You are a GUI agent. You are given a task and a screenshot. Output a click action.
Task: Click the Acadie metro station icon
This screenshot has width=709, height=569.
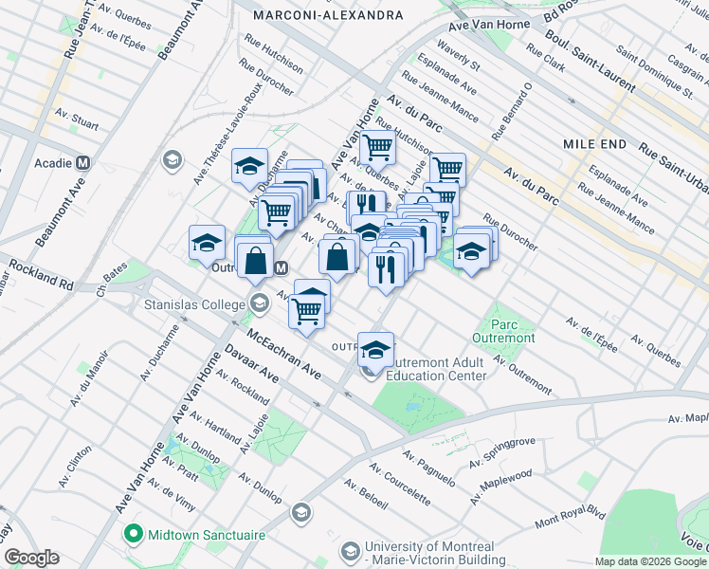click(83, 162)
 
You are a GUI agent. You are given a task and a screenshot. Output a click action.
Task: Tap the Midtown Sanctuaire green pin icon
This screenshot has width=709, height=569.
click(134, 535)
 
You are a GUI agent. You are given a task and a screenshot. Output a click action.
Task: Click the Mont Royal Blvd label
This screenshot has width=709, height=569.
click(569, 517)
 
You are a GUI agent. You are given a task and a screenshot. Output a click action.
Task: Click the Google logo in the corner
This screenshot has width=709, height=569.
click(32, 558)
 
